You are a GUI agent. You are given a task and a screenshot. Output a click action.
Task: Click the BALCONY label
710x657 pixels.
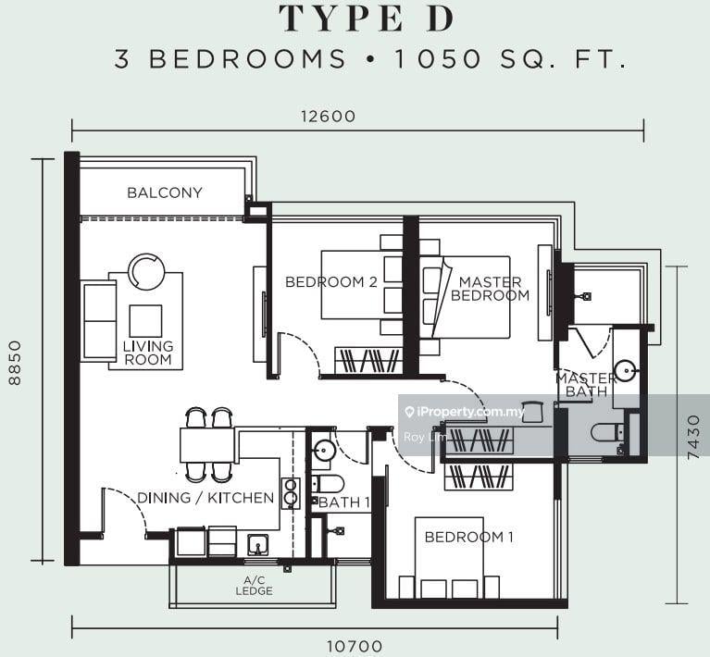tap(165, 192)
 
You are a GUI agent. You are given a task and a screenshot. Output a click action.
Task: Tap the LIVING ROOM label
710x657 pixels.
tap(148, 353)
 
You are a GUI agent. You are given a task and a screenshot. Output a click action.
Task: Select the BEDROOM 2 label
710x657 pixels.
tap(330, 282)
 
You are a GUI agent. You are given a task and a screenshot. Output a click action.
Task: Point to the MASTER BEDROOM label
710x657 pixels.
tap(491, 289)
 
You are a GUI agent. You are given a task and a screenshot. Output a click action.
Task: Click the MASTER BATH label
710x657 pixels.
tap(586, 385)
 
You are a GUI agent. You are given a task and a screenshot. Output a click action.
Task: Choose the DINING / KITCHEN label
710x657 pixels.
tap(206, 498)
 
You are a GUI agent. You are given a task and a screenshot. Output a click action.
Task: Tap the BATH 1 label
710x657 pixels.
tap(343, 503)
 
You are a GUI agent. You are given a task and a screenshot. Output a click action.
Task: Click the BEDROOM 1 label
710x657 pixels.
tap(468, 537)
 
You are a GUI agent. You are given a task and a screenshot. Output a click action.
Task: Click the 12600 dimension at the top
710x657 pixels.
tap(328, 117)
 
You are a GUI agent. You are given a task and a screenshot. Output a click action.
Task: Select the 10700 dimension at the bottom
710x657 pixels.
tap(355, 647)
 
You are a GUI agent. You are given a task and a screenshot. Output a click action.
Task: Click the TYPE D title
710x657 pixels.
tap(355, 18)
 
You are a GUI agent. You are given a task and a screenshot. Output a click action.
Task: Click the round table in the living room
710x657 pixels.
tap(146, 272)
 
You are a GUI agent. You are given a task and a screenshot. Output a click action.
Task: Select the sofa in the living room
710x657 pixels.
tap(99, 321)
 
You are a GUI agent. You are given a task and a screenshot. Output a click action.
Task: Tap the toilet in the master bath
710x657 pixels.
tap(607, 432)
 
